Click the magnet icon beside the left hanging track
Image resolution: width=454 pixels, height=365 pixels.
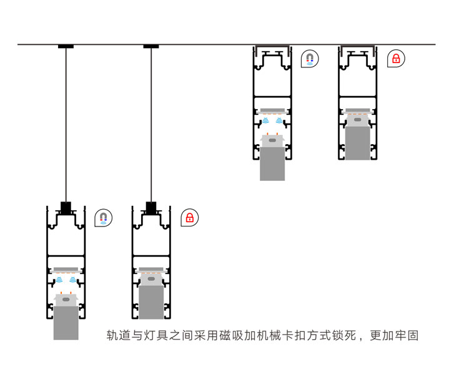pyautogui.click(x=104, y=218)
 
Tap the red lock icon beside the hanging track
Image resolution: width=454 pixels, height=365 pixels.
pyautogui.click(x=189, y=218)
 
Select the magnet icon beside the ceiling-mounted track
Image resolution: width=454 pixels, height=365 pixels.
pyautogui.click(x=310, y=59)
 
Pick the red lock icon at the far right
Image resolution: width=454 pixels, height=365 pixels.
pyautogui.click(x=395, y=59)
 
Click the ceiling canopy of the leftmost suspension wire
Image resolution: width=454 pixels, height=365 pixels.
pyautogui.click(x=66, y=47)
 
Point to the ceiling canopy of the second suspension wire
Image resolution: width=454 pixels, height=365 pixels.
pyautogui.click(x=151, y=47)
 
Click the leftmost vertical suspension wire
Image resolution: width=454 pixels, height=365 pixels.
pyautogui.click(x=66, y=125)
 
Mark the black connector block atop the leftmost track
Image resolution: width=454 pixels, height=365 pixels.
pyautogui.click(x=66, y=207)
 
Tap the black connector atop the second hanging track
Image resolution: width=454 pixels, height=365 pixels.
pyautogui.click(x=151, y=207)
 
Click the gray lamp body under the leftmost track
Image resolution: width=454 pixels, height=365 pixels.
pyautogui.click(x=66, y=321)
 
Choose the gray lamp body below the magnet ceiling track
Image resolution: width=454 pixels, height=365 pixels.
pyautogui.click(x=272, y=163)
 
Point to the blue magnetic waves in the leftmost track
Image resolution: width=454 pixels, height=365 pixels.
pyautogui.click(x=66, y=280)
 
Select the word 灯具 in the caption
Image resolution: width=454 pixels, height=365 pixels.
pyautogui.click(x=157, y=336)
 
